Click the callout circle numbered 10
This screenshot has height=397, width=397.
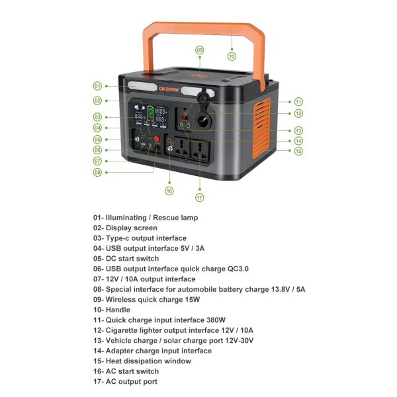232,56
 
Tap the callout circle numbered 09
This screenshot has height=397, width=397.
199,50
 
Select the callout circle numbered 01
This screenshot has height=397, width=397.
97,86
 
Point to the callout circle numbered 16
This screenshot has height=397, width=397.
169,191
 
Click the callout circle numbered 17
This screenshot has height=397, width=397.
199,197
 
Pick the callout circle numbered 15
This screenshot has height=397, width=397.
298,151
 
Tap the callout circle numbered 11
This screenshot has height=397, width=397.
298,102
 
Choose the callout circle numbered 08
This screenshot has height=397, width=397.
97,172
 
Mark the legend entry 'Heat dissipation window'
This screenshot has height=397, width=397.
148,361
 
